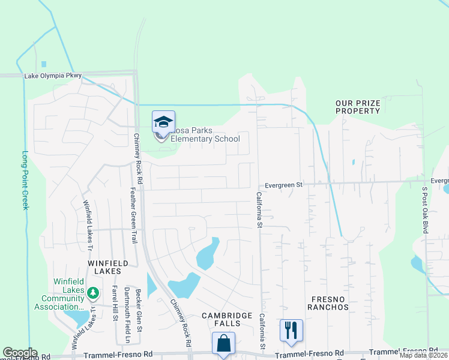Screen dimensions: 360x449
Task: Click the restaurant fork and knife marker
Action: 291,330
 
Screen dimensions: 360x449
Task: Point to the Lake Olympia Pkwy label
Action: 53,76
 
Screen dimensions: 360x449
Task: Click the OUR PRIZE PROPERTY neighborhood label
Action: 358,107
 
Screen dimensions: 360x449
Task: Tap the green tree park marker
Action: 92,293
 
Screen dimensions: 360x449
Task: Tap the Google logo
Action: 20,353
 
